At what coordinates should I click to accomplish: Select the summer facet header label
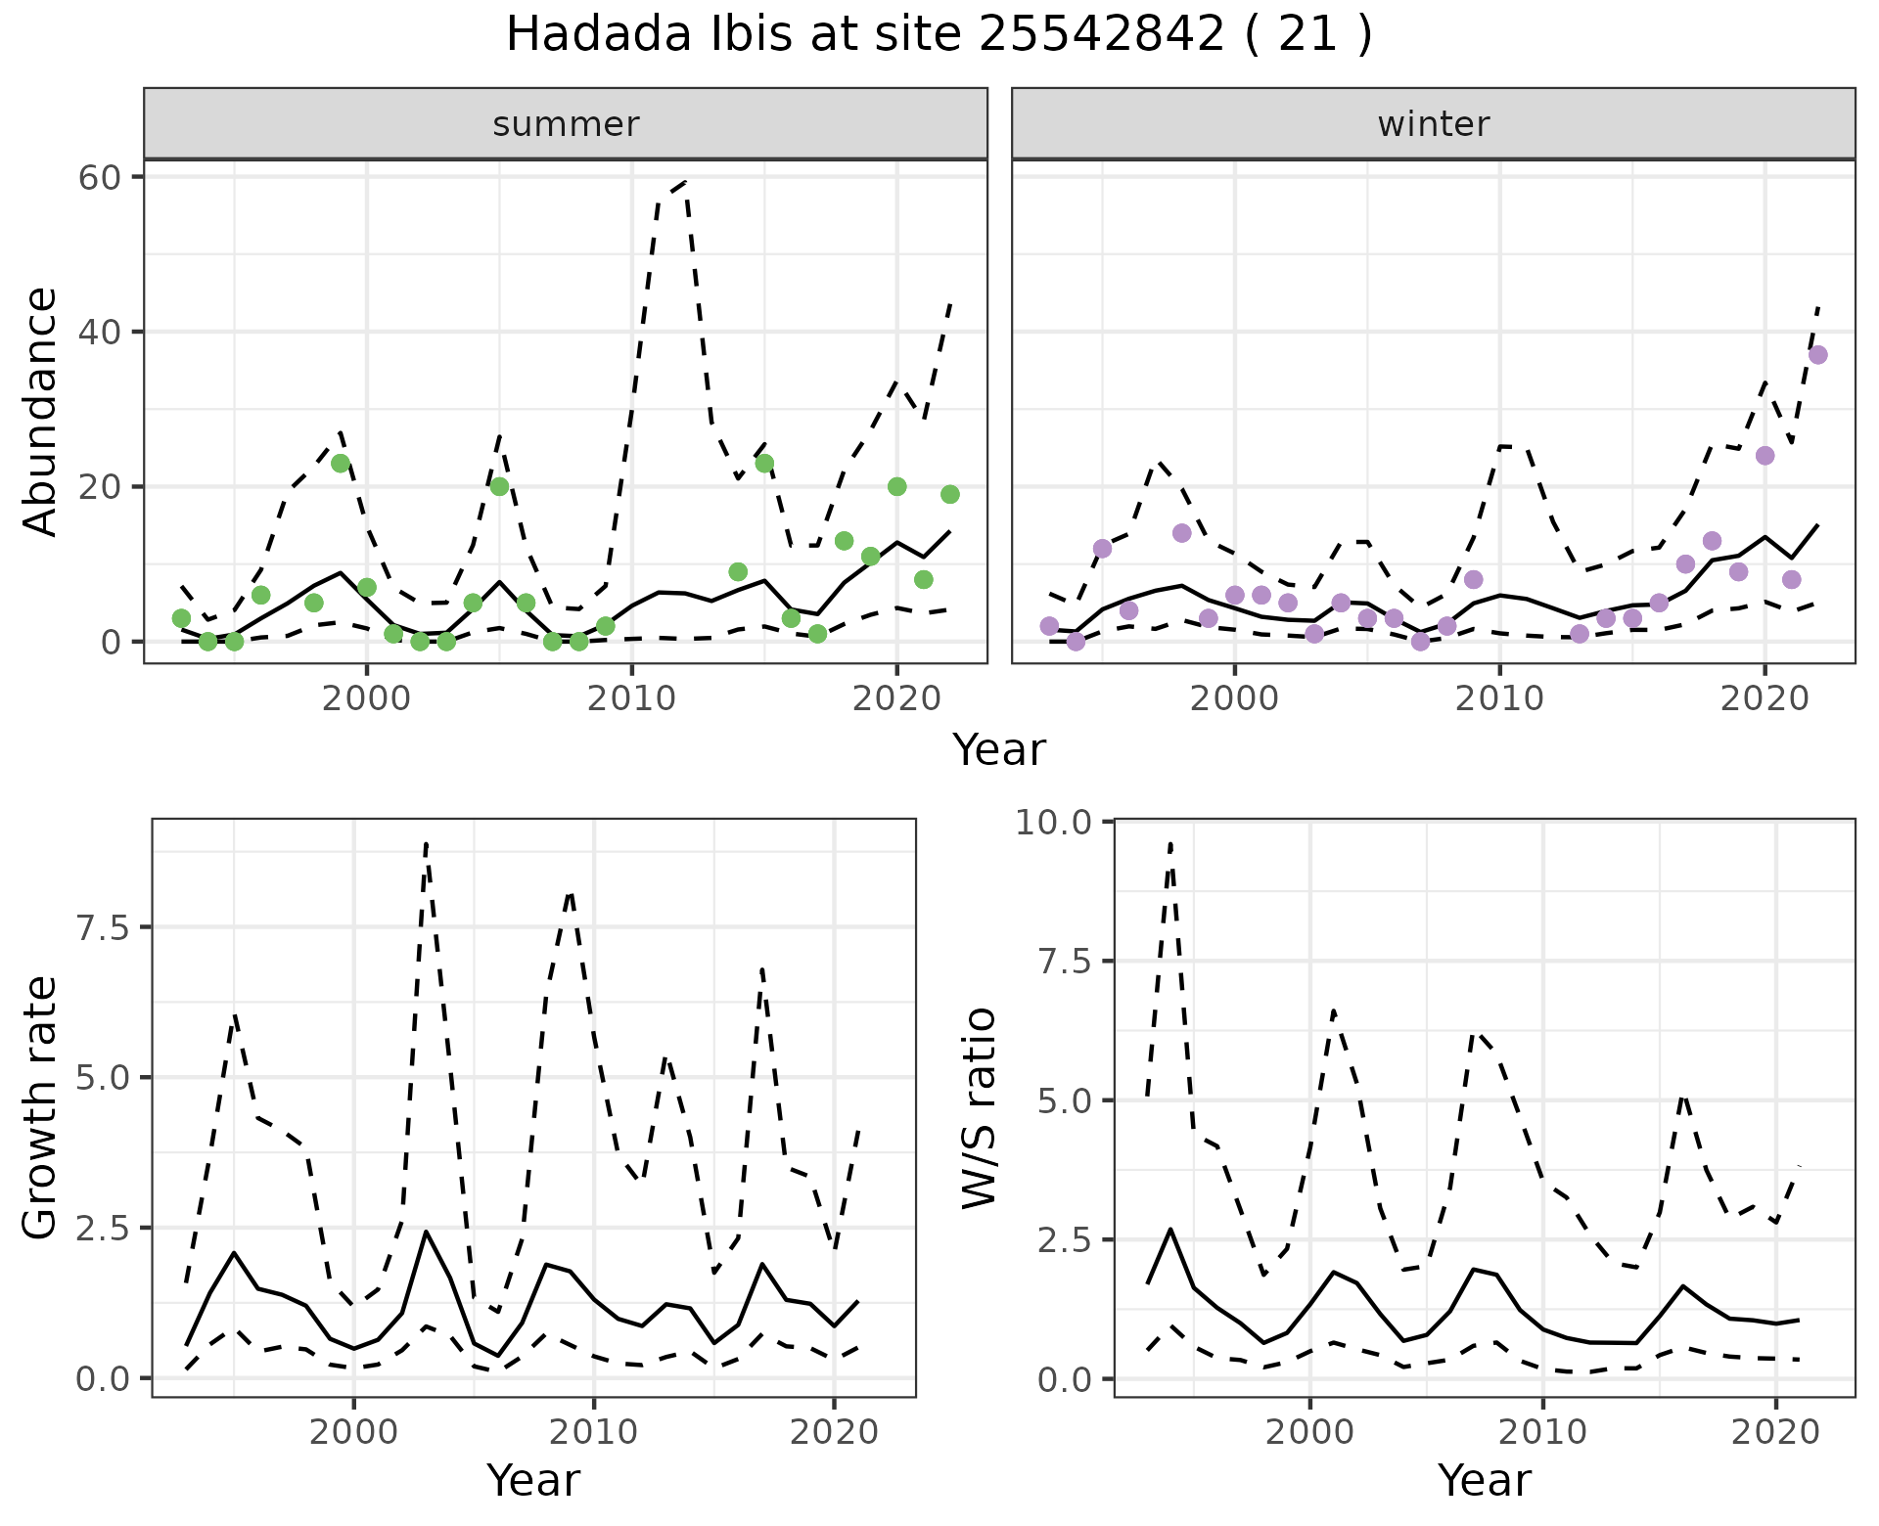click(566, 124)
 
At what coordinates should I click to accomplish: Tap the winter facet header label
click(1433, 124)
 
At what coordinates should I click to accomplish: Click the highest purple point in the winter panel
click(1817, 355)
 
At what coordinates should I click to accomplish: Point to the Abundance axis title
click(41, 411)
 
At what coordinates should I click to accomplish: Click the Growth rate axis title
click(41, 1107)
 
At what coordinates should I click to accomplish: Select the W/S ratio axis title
click(979, 1107)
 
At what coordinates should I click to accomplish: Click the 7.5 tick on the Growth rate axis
click(103, 927)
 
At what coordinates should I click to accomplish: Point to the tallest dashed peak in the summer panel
click(684, 182)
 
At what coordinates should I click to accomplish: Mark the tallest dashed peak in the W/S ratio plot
click(1170, 842)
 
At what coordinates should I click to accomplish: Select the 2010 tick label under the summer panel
click(631, 698)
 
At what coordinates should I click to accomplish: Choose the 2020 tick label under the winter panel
click(1764, 698)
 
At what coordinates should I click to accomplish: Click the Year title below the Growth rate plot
click(532, 1480)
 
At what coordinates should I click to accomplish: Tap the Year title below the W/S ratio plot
click(1484, 1480)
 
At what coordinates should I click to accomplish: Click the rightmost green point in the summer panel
click(949, 494)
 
